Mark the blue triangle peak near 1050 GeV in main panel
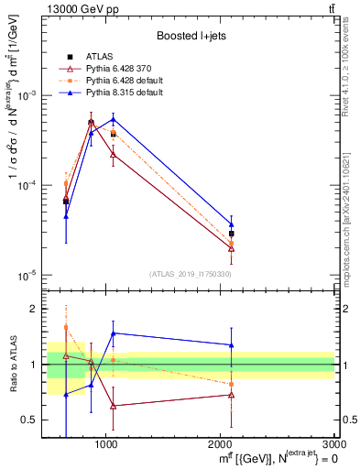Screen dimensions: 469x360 tap(113, 119)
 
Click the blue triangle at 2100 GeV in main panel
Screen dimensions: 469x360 tap(231, 224)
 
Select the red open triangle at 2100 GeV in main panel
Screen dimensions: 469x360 tap(231, 248)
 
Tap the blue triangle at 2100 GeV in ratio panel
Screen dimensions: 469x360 tap(231, 345)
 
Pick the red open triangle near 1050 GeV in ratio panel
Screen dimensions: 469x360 tap(113, 406)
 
